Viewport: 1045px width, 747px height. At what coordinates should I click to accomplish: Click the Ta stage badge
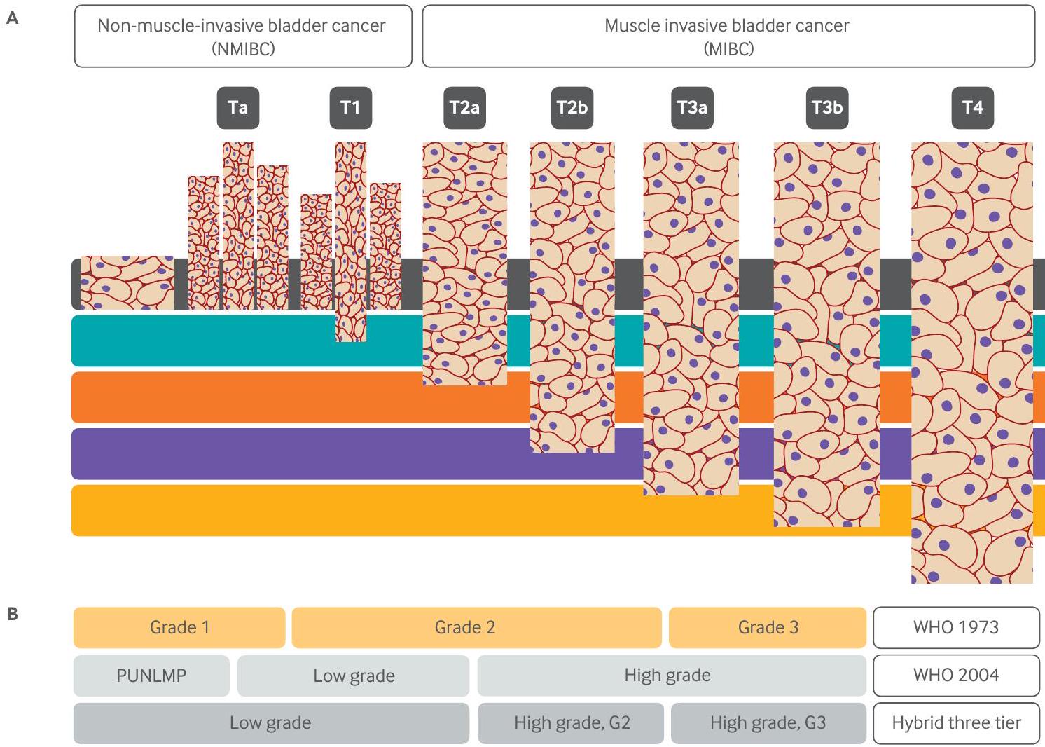237,108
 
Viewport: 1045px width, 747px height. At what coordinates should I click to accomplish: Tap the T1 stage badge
350,108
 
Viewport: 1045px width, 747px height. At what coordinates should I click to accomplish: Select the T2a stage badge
464,108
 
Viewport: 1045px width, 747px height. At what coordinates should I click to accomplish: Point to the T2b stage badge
572,108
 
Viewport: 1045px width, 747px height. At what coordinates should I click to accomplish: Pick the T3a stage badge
692,108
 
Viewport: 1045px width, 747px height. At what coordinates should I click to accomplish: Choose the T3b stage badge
827,108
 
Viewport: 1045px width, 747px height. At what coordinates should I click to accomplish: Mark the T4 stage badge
972,108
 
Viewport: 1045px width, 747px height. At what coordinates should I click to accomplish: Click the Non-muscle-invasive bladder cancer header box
243,36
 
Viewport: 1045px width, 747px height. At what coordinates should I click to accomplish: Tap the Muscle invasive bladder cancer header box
728,36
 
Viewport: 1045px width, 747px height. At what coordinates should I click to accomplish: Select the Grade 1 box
179,627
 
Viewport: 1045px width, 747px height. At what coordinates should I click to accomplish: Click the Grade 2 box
476,627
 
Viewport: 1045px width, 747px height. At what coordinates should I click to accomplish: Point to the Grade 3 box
768,627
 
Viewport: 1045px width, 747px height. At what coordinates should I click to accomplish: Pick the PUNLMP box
151,676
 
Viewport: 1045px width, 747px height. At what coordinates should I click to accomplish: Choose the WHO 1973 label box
956,627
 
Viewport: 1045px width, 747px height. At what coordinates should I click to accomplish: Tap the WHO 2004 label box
956,676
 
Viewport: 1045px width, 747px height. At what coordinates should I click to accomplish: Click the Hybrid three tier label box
956,723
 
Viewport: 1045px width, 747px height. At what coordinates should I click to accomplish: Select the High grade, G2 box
571,723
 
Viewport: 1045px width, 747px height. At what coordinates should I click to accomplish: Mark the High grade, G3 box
768,723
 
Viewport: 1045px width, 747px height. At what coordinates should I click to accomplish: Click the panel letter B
12,615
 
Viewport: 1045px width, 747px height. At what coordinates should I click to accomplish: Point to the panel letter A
12,19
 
